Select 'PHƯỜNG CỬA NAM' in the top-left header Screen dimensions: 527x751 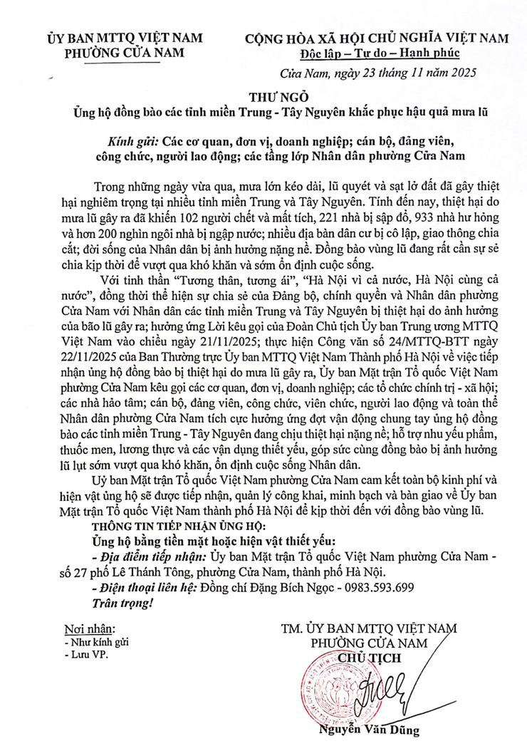pos(125,52)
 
